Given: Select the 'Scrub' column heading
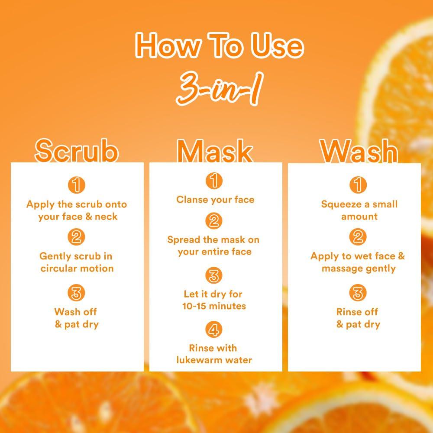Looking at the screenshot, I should pos(77,151).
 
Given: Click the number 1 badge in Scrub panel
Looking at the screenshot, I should pos(77,185).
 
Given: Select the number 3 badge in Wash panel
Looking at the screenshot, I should pos(358,293).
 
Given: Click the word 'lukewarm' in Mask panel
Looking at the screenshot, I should pos(199,360).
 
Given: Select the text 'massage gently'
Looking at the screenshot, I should pos(359,268).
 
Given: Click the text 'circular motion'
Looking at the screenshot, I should pos(77,268).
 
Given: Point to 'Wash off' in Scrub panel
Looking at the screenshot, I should pos(76,312).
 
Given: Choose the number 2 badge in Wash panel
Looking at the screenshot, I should pos(358,237).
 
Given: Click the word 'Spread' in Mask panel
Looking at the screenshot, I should pos(183,239).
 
